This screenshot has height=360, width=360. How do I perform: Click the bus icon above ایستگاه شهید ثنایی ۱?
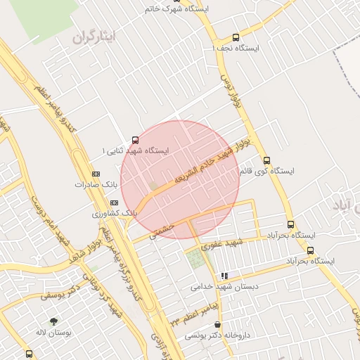click(135, 139)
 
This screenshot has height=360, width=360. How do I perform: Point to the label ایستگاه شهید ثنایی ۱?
click(136, 150)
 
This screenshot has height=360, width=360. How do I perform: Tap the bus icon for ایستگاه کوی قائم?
click(266, 160)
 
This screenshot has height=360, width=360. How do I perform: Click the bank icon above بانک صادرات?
click(96, 174)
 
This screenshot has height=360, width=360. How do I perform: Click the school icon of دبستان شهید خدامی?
click(224, 276)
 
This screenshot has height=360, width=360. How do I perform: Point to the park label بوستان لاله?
click(49, 331)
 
